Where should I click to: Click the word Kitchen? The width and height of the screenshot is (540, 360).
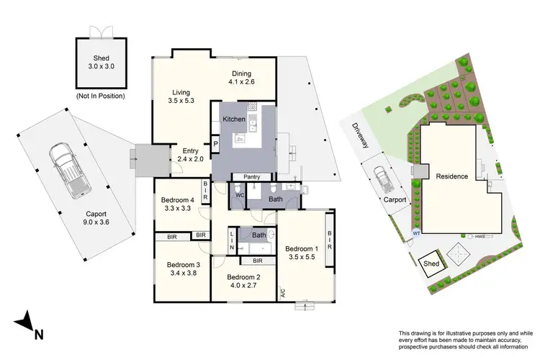point(235,119)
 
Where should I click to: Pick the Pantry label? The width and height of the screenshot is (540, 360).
point(252,176)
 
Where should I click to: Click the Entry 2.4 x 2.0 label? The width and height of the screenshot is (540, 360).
point(190,154)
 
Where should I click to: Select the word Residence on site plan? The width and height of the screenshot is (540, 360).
point(451,176)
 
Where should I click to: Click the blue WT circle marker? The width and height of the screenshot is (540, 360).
point(416,233)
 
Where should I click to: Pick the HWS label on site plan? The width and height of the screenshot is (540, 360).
point(480,236)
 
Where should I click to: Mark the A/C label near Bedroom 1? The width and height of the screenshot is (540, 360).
point(283,294)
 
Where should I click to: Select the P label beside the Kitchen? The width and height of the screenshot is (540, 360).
point(215,143)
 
